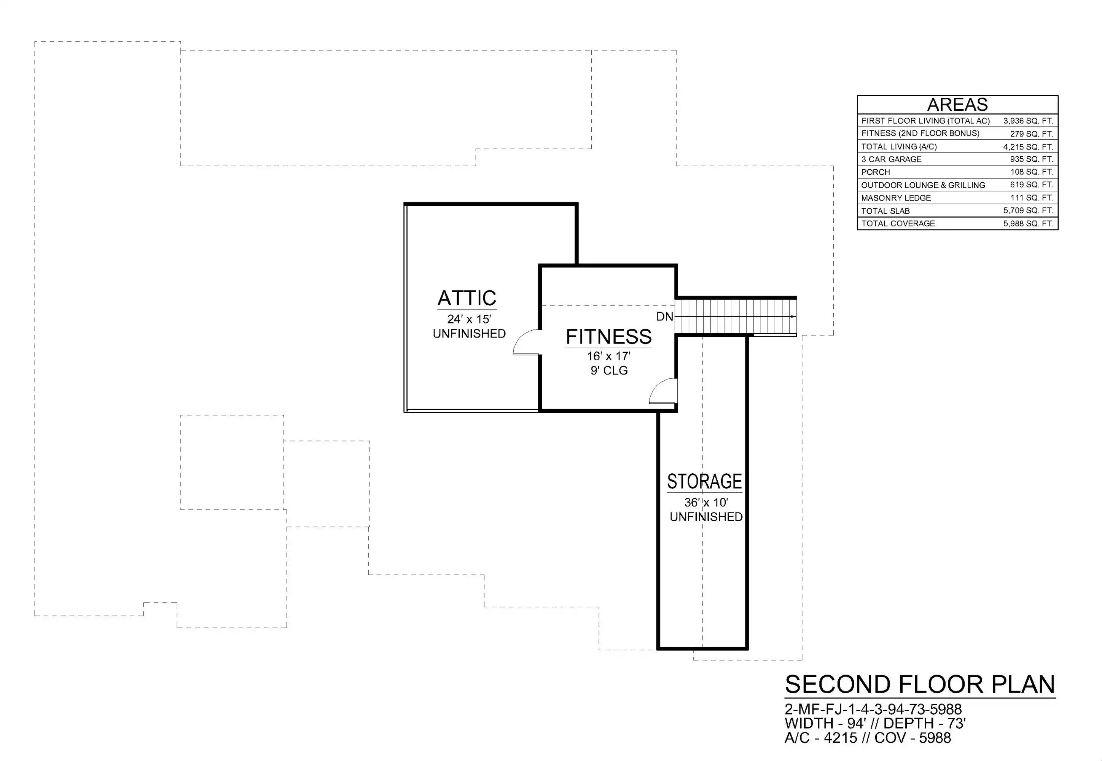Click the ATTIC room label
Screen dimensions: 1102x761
(x=467, y=298)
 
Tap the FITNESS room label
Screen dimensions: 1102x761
(x=608, y=337)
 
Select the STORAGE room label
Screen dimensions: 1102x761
(x=704, y=482)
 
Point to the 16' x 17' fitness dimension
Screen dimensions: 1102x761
(x=608, y=356)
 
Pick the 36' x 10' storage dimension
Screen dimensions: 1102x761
(x=706, y=503)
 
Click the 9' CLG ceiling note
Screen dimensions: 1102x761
(x=609, y=371)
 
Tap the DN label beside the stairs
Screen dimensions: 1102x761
(x=665, y=316)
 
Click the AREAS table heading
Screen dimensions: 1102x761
(x=957, y=104)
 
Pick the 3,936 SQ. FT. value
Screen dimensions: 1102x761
(x=1028, y=121)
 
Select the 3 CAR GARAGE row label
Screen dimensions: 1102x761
(x=891, y=159)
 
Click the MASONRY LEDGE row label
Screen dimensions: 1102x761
(x=896, y=198)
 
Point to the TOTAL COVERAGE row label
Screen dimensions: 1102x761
(x=898, y=224)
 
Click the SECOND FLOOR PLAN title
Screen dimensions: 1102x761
(x=920, y=685)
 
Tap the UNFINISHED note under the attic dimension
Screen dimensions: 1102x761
(x=469, y=333)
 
